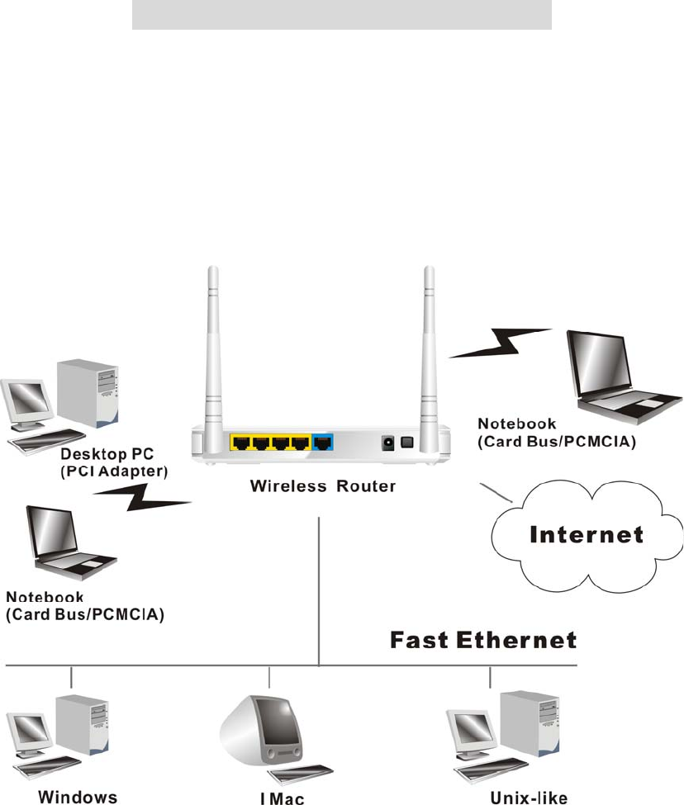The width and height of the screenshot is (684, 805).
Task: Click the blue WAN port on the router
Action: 323,443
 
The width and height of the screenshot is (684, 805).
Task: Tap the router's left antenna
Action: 213,347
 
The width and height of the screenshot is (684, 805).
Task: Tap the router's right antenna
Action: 428,347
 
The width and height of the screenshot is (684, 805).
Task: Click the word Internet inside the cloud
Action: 587,535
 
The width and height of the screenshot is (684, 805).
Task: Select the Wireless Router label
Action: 323,486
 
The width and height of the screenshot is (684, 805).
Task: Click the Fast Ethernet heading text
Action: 483,641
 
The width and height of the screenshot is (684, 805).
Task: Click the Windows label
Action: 62,797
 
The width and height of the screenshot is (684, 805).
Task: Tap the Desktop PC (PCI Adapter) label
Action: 116,462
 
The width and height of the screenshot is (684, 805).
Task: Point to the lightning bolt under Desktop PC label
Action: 145,499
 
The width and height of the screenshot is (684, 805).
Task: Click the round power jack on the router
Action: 385,443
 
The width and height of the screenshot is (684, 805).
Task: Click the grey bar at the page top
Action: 341,15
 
